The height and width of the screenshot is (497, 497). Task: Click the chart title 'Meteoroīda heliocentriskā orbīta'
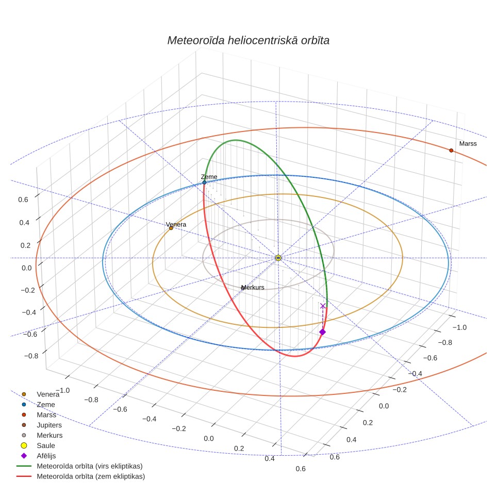[248, 40]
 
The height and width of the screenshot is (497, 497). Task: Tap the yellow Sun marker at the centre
[278, 258]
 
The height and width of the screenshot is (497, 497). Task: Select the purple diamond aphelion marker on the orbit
[322, 332]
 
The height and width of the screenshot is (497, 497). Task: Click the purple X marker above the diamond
[323, 306]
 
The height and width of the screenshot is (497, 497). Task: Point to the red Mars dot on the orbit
[451, 150]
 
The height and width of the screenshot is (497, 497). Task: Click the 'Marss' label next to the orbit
[468, 144]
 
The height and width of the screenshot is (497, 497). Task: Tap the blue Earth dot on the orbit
[205, 183]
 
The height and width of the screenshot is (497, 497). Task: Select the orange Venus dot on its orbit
[171, 228]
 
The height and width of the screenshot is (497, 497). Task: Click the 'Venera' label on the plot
[176, 224]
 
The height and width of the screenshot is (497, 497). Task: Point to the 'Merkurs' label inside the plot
[253, 287]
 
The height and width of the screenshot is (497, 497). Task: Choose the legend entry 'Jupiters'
[49, 425]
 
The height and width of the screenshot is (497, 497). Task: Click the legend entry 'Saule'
[46, 445]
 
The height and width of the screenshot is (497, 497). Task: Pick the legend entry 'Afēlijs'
[46, 456]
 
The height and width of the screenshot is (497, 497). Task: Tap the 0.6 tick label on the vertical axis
[23, 200]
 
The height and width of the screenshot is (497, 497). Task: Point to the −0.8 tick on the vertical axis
[31, 356]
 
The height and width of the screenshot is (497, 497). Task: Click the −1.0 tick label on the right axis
[459, 327]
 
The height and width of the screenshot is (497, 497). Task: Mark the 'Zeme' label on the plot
[209, 176]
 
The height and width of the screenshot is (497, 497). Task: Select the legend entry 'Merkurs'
[49, 435]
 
